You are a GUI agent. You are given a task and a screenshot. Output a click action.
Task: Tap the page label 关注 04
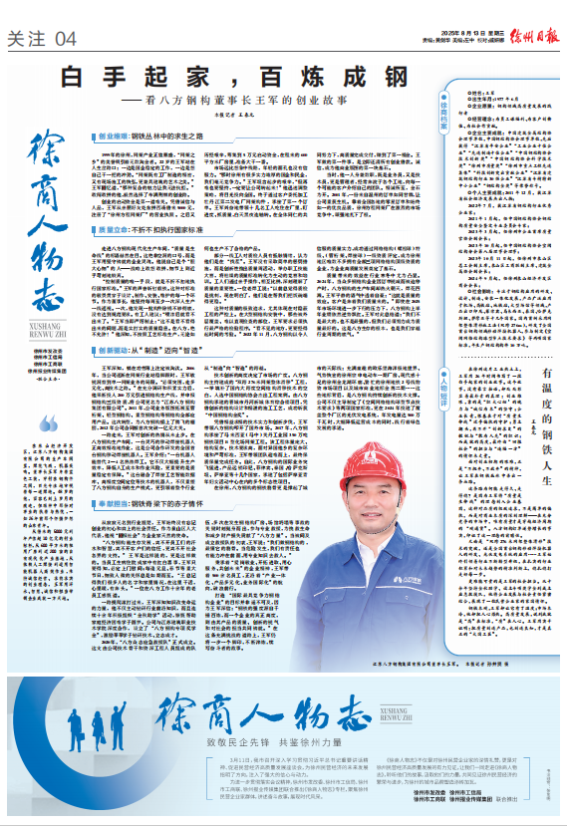click(x=42, y=39)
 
